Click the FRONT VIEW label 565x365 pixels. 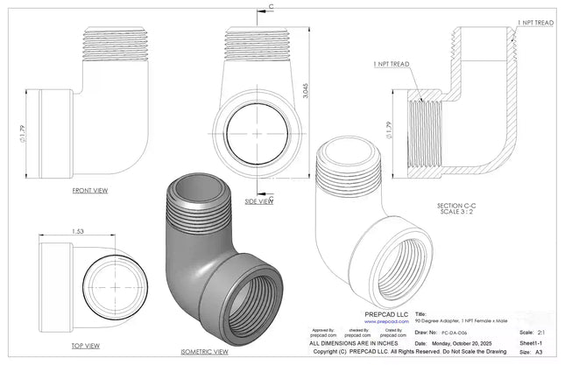coord(91,189)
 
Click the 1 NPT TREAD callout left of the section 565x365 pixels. coord(392,64)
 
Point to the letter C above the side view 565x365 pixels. coord(271,7)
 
